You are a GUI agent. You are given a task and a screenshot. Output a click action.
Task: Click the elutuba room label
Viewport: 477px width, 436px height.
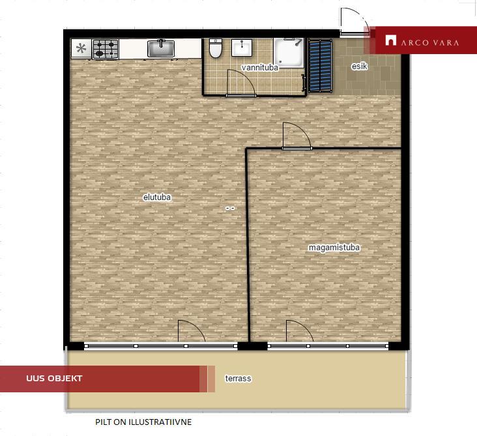(x=157, y=197)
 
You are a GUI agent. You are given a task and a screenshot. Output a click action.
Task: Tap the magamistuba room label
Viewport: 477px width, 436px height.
(x=334, y=248)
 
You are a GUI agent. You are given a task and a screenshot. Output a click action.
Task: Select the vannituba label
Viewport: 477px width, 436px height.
(x=260, y=68)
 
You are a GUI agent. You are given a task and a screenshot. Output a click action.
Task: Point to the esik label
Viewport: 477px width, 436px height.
(x=359, y=66)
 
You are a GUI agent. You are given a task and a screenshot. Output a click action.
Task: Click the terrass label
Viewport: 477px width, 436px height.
(x=238, y=379)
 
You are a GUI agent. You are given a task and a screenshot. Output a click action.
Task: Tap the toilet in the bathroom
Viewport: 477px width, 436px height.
(x=216, y=48)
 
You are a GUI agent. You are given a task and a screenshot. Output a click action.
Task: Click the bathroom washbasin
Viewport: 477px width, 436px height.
(x=242, y=48)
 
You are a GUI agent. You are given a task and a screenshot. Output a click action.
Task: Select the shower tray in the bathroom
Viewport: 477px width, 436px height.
(x=289, y=53)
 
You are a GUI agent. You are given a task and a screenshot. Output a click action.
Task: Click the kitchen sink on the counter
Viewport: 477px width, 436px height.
(x=161, y=48)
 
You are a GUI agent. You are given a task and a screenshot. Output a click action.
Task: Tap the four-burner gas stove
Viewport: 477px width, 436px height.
(x=106, y=49)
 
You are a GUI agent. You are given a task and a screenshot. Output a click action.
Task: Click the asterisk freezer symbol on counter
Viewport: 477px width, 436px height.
(x=81, y=48)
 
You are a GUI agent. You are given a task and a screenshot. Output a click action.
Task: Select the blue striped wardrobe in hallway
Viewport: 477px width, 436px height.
(x=320, y=65)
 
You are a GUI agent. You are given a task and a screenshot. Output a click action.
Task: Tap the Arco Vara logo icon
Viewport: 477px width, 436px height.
(x=391, y=40)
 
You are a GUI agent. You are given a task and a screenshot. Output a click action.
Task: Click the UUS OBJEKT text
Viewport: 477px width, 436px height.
(x=54, y=379)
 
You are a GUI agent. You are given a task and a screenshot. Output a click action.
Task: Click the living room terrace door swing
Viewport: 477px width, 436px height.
(x=192, y=330)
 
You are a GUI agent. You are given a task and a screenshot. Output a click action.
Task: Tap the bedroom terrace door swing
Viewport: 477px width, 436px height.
(x=300, y=330)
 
